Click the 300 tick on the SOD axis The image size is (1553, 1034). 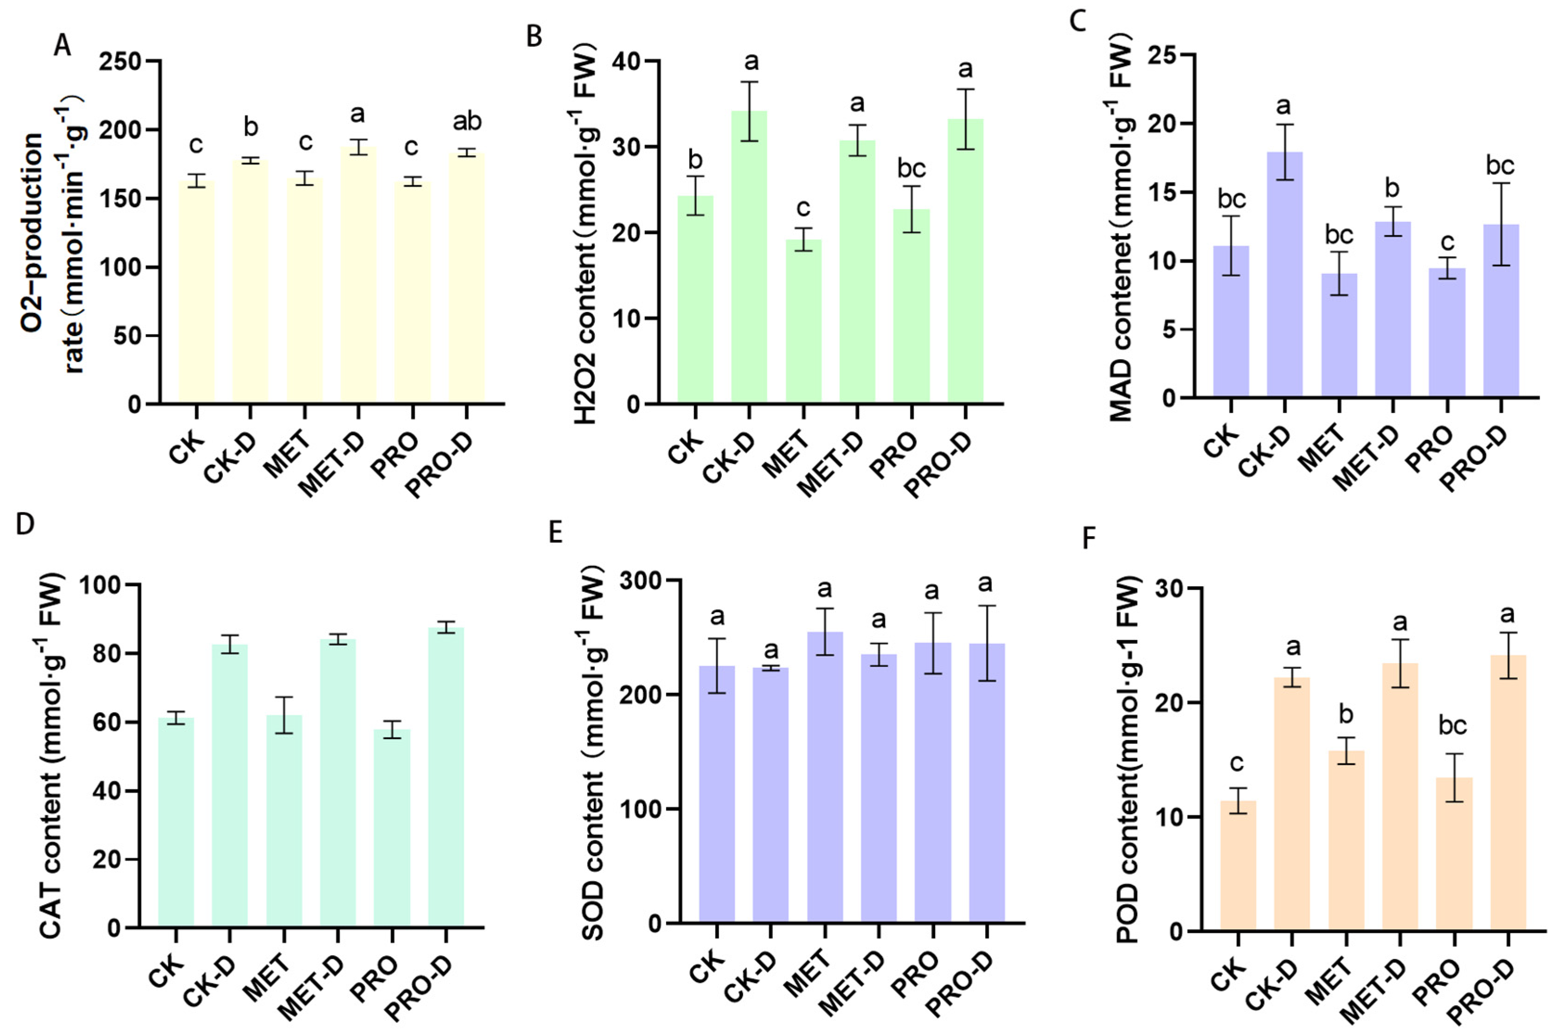coord(643,580)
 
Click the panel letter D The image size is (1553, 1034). coord(25,525)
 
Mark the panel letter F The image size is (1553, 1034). coord(1089,539)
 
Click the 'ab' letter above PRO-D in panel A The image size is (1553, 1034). coord(467,121)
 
